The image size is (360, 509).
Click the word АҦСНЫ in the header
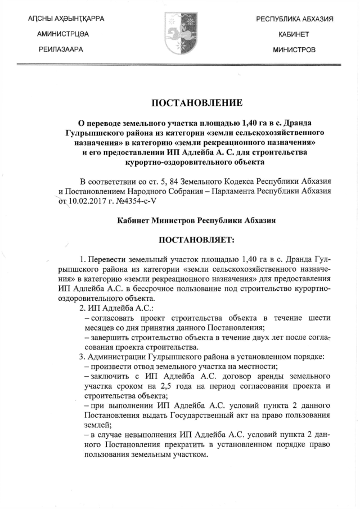pos(43,20)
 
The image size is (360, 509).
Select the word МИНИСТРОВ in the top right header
pos(294,50)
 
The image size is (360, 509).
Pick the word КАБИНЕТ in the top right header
pos(294,35)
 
